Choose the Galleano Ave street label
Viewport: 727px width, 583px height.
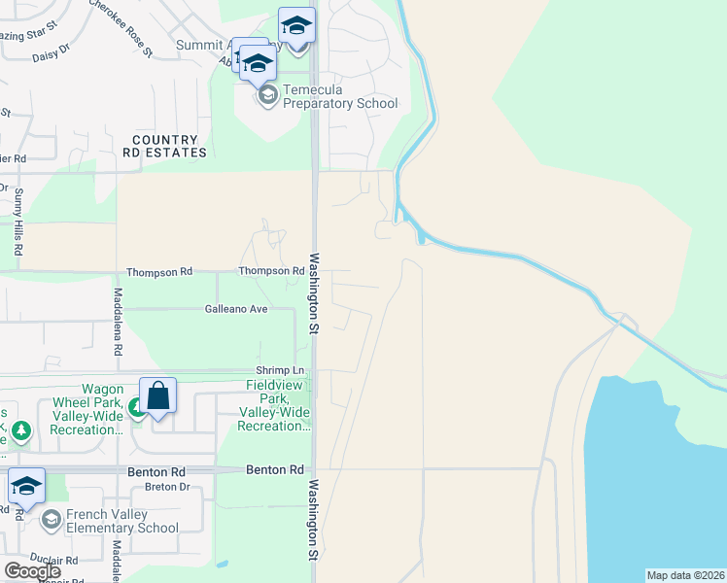(x=235, y=309)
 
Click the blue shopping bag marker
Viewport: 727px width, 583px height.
(x=157, y=396)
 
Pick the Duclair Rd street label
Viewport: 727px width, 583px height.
(x=53, y=561)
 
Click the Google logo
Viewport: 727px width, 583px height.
(x=32, y=571)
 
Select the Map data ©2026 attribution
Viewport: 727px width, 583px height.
(x=685, y=575)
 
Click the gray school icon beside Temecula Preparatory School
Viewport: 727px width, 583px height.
(x=266, y=96)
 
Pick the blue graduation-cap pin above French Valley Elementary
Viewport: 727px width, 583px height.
(x=26, y=487)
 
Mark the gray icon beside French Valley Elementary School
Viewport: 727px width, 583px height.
(x=51, y=521)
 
